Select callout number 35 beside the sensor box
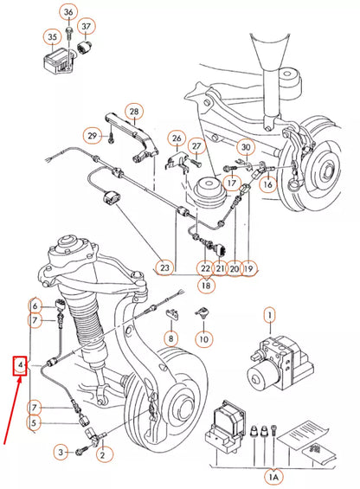click(x=53, y=37)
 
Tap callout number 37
click(x=87, y=26)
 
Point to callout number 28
click(x=133, y=112)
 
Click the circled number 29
click(x=93, y=135)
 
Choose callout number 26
click(x=177, y=138)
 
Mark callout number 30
click(x=245, y=148)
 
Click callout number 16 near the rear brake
click(x=267, y=184)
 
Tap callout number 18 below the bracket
click(x=206, y=284)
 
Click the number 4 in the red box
click(x=19, y=367)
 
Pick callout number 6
click(x=35, y=306)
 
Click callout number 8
click(x=171, y=337)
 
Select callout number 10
click(x=203, y=339)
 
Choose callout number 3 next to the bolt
click(x=61, y=451)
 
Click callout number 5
click(x=35, y=422)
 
